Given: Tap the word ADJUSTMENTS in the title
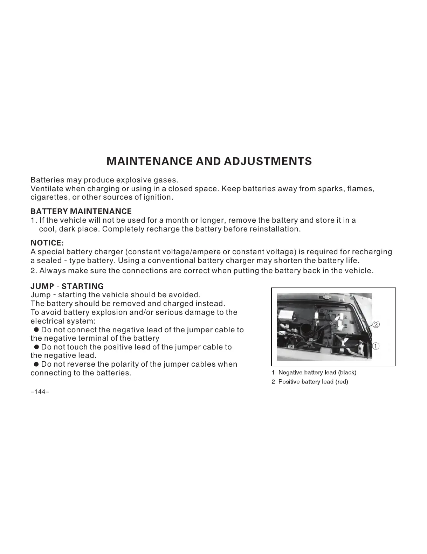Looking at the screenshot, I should coord(268,161).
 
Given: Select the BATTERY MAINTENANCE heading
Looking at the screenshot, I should coord(81,212).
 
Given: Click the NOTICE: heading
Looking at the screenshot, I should coord(47,243).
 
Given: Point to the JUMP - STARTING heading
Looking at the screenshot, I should coord(67,286).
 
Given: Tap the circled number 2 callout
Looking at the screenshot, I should coord(376,324).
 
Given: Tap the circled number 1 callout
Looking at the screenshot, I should coord(376,346).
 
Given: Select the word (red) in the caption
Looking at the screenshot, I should coord(342,382).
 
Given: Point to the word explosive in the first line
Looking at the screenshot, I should coord(134,180).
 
